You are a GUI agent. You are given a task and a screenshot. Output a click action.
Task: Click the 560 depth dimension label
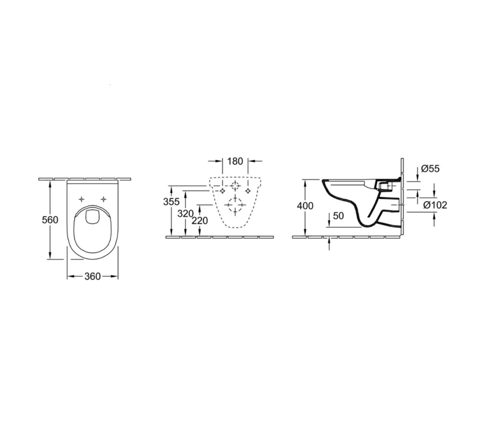coord(50,220)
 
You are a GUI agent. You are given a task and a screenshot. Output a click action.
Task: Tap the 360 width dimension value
coord(93,276)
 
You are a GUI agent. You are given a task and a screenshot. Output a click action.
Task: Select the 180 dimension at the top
coord(235,161)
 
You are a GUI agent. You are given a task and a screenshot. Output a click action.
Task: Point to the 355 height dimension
coord(171,202)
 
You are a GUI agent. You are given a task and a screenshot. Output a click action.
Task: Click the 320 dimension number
coord(186,214)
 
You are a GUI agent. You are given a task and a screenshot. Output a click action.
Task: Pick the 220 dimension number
coord(200,221)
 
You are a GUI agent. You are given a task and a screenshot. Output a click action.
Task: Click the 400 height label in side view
coord(305,206)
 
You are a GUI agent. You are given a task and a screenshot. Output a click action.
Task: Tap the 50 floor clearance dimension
coord(338,216)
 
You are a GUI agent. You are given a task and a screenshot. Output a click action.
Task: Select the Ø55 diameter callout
coord(430,169)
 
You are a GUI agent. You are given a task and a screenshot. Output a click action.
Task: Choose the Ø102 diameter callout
coord(435,205)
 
